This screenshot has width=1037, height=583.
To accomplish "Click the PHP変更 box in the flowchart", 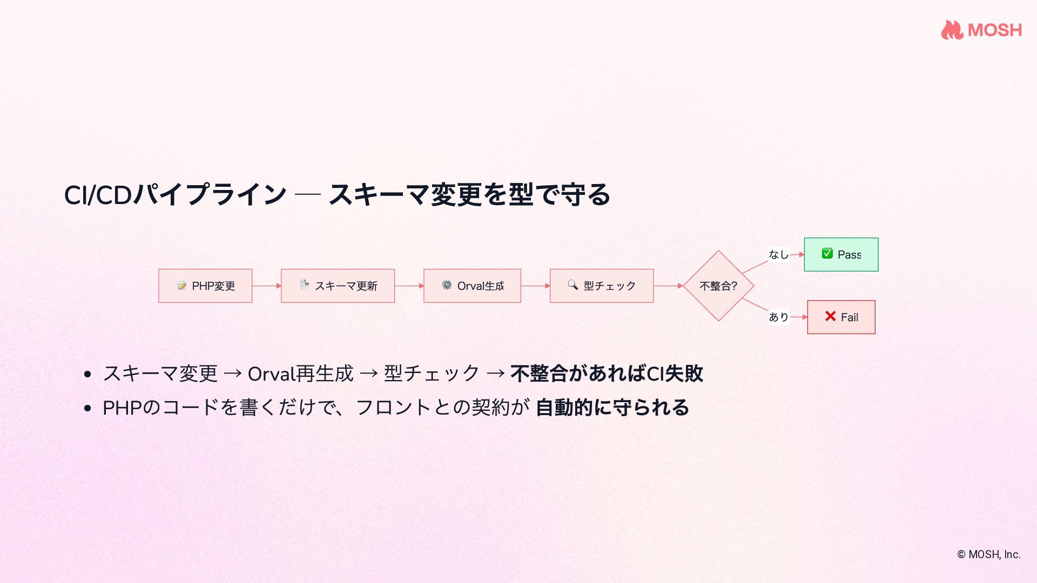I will click(x=205, y=286).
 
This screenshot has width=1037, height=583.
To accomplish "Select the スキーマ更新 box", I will click(x=338, y=286).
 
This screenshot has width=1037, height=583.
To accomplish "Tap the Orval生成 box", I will click(x=472, y=286).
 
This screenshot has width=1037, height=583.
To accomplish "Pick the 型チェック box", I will click(x=601, y=286).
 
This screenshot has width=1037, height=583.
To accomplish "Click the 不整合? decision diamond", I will click(x=718, y=286).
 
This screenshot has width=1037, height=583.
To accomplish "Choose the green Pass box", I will click(x=841, y=254).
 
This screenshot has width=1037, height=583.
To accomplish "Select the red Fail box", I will click(x=841, y=317).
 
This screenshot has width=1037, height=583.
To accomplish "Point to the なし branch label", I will click(x=778, y=254).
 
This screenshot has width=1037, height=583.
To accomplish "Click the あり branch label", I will click(x=778, y=317).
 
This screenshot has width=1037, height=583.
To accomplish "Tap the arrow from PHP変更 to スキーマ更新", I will click(x=266, y=286).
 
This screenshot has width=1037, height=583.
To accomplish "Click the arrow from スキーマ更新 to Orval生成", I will click(x=409, y=286).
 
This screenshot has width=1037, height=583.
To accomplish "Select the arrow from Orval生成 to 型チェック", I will click(x=535, y=286).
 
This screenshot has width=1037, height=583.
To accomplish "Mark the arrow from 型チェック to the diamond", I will click(x=668, y=286).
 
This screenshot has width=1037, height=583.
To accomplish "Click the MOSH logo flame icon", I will click(x=952, y=30).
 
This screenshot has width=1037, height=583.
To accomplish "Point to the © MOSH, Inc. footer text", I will click(x=988, y=554).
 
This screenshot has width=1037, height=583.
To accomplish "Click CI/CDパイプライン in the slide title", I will click(x=175, y=195).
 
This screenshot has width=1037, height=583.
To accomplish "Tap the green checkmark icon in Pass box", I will click(x=827, y=254).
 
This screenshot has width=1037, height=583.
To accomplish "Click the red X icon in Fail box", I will click(x=830, y=316).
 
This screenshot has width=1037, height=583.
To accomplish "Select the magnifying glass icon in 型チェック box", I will click(x=573, y=284).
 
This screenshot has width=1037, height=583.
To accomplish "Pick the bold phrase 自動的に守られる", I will click(x=612, y=408).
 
